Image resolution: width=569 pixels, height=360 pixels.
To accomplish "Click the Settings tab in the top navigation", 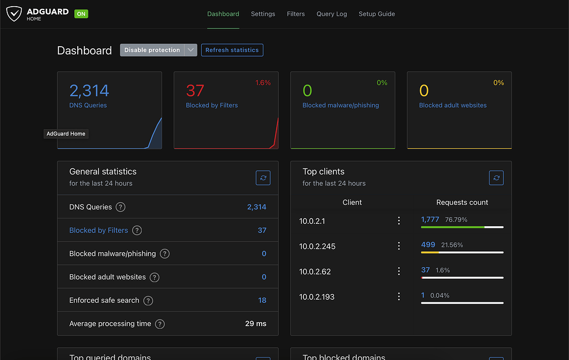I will click(263, 14).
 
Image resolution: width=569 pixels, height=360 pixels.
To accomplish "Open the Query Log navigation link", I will click(332, 14).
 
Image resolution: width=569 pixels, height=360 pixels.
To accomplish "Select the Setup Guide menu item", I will click(377, 14).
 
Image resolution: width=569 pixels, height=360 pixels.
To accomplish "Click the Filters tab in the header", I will click(296, 14).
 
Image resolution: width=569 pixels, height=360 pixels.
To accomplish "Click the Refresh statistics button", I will click(232, 50).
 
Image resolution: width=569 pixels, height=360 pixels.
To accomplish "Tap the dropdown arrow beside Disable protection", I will click(191, 50).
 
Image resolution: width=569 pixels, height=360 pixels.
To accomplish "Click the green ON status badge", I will click(81, 14).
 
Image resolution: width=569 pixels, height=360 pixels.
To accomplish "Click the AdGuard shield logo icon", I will click(14, 14).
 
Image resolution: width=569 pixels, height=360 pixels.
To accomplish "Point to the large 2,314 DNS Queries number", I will click(89, 91).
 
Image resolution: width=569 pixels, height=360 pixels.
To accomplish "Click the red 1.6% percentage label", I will click(263, 83).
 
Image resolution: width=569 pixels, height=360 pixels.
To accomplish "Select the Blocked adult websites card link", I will click(452, 105).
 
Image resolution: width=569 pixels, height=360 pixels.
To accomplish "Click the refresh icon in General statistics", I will click(263, 178).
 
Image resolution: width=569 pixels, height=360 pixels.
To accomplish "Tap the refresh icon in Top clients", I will click(496, 178).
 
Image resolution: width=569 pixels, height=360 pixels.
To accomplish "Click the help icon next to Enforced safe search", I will click(148, 301).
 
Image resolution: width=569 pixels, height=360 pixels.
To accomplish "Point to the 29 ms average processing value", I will click(256, 323).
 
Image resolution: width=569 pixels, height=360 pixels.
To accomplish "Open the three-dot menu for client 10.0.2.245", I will click(398, 246).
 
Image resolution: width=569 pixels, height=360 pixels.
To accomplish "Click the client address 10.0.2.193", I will click(317, 297).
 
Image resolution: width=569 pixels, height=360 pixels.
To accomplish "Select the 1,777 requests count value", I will click(430, 219).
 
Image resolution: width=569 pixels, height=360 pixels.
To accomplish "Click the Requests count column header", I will click(462, 202).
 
